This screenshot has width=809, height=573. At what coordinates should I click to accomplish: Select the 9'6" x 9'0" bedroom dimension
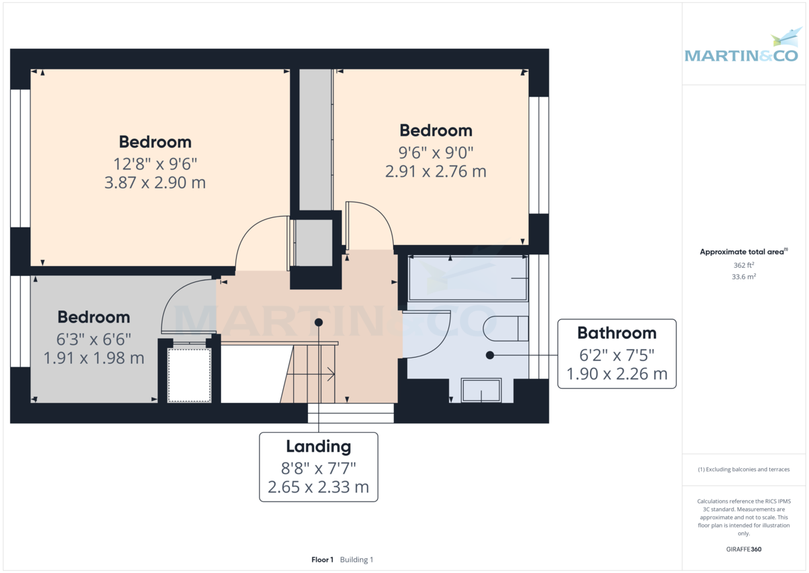tap(436, 152)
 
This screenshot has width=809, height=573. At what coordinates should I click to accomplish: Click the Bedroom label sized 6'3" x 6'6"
tap(94, 317)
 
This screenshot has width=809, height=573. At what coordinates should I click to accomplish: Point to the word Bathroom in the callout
tap(616, 333)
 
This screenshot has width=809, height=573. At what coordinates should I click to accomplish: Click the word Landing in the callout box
tap(318, 446)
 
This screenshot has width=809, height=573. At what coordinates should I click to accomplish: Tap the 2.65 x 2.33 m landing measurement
tap(318, 487)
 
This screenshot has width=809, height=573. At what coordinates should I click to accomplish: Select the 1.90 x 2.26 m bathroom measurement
tap(616, 373)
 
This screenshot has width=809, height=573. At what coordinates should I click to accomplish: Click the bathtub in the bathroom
tap(468, 278)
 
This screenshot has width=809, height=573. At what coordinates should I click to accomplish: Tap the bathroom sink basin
tap(481, 390)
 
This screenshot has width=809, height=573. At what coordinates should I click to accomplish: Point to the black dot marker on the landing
tap(318, 323)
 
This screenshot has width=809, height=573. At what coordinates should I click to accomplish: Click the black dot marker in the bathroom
tap(490, 354)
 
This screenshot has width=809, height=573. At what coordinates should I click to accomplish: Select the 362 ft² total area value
tap(743, 265)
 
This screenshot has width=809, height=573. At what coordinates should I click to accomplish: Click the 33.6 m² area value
tap(743, 277)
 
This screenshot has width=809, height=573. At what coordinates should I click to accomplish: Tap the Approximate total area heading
tap(743, 252)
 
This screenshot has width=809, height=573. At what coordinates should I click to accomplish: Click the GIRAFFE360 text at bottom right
tap(743, 549)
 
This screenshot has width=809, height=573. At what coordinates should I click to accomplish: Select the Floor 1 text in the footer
tap(322, 560)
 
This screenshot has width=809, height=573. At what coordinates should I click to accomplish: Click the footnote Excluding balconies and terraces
tap(743, 469)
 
